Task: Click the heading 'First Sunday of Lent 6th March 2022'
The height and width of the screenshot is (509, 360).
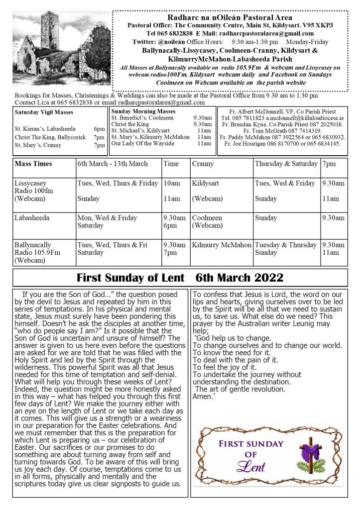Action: pyautogui.click(x=180, y=278)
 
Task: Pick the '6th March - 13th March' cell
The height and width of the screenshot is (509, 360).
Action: pyautogui.click(x=113, y=164)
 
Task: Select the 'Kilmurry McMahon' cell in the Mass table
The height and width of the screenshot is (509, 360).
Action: pyautogui.click(x=222, y=245)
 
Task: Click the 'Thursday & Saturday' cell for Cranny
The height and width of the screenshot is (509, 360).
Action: pyautogui.click(x=286, y=164)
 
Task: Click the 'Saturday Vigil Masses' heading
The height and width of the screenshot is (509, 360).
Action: pyautogui.click(x=44, y=112)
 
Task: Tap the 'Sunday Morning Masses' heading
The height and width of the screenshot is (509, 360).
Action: pyautogui.click(x=143, y=111)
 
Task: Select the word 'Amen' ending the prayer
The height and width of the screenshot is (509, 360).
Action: pyautogui.click(x=201, y=397)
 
